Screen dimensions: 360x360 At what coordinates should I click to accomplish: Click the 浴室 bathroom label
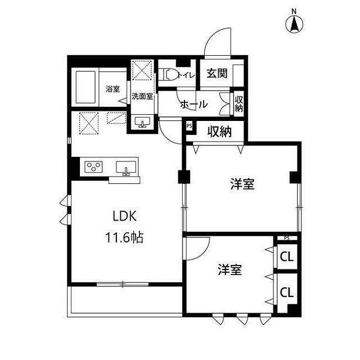(x=112, y=88)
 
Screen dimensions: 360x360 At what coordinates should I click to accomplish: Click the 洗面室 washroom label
(x=142, y=96)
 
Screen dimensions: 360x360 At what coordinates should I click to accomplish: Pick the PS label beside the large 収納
(x=190, y=127)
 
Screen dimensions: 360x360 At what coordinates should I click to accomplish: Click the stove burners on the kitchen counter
(x=94, y=166)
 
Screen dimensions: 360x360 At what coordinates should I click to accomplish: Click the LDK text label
(x=125, y=217)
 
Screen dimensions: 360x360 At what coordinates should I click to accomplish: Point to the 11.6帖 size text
(x=125, y=237)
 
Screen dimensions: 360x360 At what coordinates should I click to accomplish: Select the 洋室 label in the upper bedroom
(x=242, y=184)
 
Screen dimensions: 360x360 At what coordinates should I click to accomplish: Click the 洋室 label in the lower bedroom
(x=229, y=270)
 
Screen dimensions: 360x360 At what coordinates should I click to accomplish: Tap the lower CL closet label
(x=287, y=293)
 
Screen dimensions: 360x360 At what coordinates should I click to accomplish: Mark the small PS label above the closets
(x=287, y=238)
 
